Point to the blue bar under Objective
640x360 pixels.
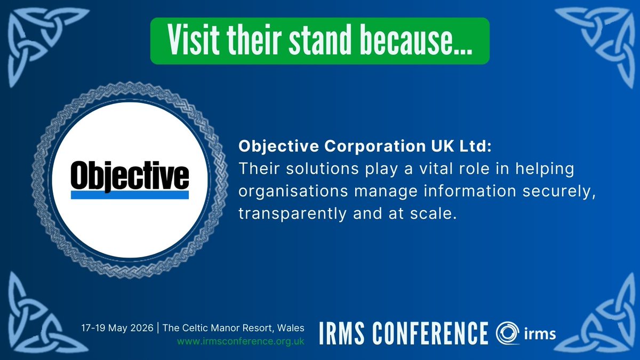pyautogui.click(x=130, y=196)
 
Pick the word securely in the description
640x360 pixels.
pyautogui.click(x=557, y=192)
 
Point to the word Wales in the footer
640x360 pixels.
pyautogui.click(x=292, y=329)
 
